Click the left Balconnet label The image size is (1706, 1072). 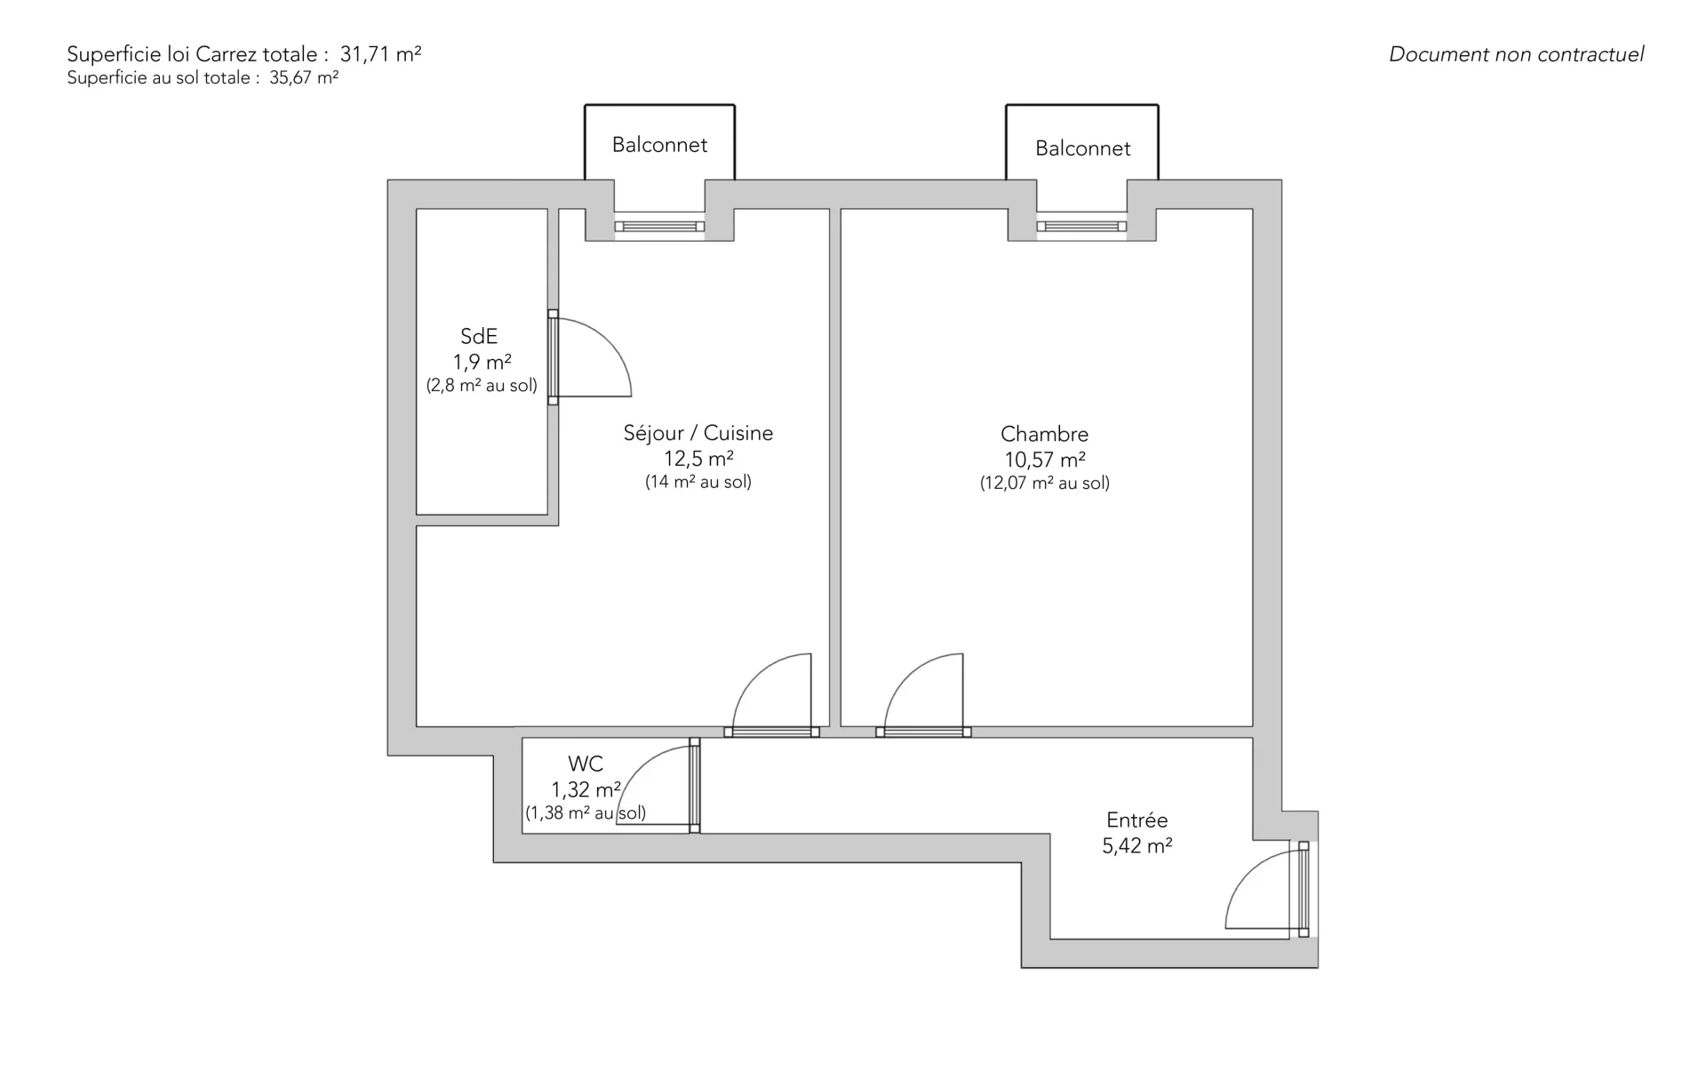[659, 145]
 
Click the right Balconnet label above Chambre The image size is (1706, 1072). [1082, 148]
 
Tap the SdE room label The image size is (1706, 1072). [479, 336]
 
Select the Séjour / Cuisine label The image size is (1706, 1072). [698, 433]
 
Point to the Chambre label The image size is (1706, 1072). [1044, 434]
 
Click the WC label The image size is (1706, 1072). [586, 764]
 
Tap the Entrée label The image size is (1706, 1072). [1136, 820]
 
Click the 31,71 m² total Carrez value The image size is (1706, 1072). [380, 53]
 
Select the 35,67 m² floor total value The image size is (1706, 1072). [304, 77]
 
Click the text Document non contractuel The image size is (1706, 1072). [1516, 54]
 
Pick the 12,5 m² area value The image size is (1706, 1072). [698, 459]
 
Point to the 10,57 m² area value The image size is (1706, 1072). [1045, 460]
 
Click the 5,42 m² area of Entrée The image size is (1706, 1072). [1137, 845]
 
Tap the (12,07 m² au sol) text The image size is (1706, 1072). [1045, 483]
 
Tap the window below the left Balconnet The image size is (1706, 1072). [659, 227]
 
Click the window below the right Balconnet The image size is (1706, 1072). [1081, 227]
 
